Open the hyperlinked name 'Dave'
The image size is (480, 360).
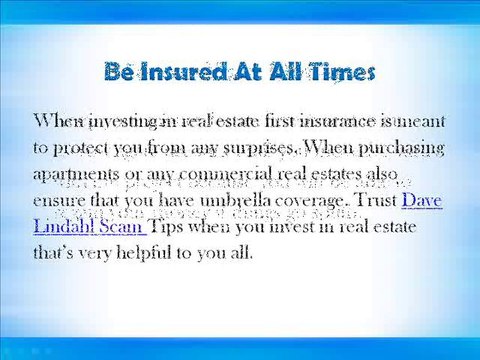point(421,200)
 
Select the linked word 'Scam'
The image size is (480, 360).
point(123,226)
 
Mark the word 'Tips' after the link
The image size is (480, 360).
point(165,226)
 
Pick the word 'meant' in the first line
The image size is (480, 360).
point(419,122)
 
